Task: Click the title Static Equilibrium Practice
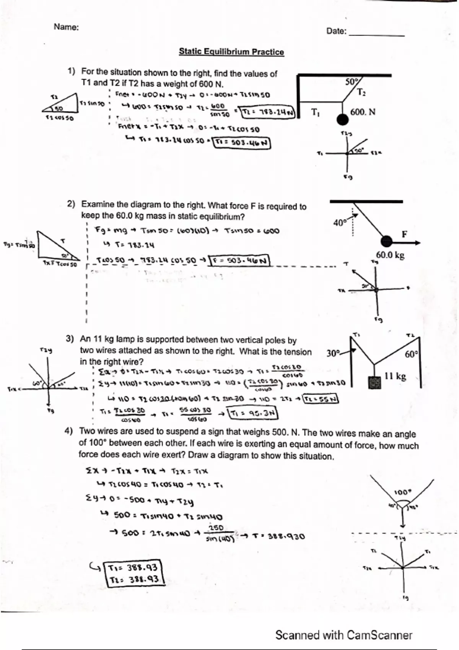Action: click(x=231, y=52)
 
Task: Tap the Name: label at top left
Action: click(x=66, y=27)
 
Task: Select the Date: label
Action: click(x=336, y=31)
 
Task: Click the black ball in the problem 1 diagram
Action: click(x=342, y=120)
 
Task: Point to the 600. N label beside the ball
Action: click(x=363, y=112)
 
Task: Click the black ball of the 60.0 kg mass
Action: click(x=387, y=241)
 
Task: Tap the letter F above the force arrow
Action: click(x=404, y=234)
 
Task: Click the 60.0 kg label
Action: click(x=390, y=255)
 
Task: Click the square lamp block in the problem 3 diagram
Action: click(x=375, y=383)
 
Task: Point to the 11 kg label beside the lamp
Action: click(x=396, y=376)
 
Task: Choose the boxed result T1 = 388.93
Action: click(x=133, y=567)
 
